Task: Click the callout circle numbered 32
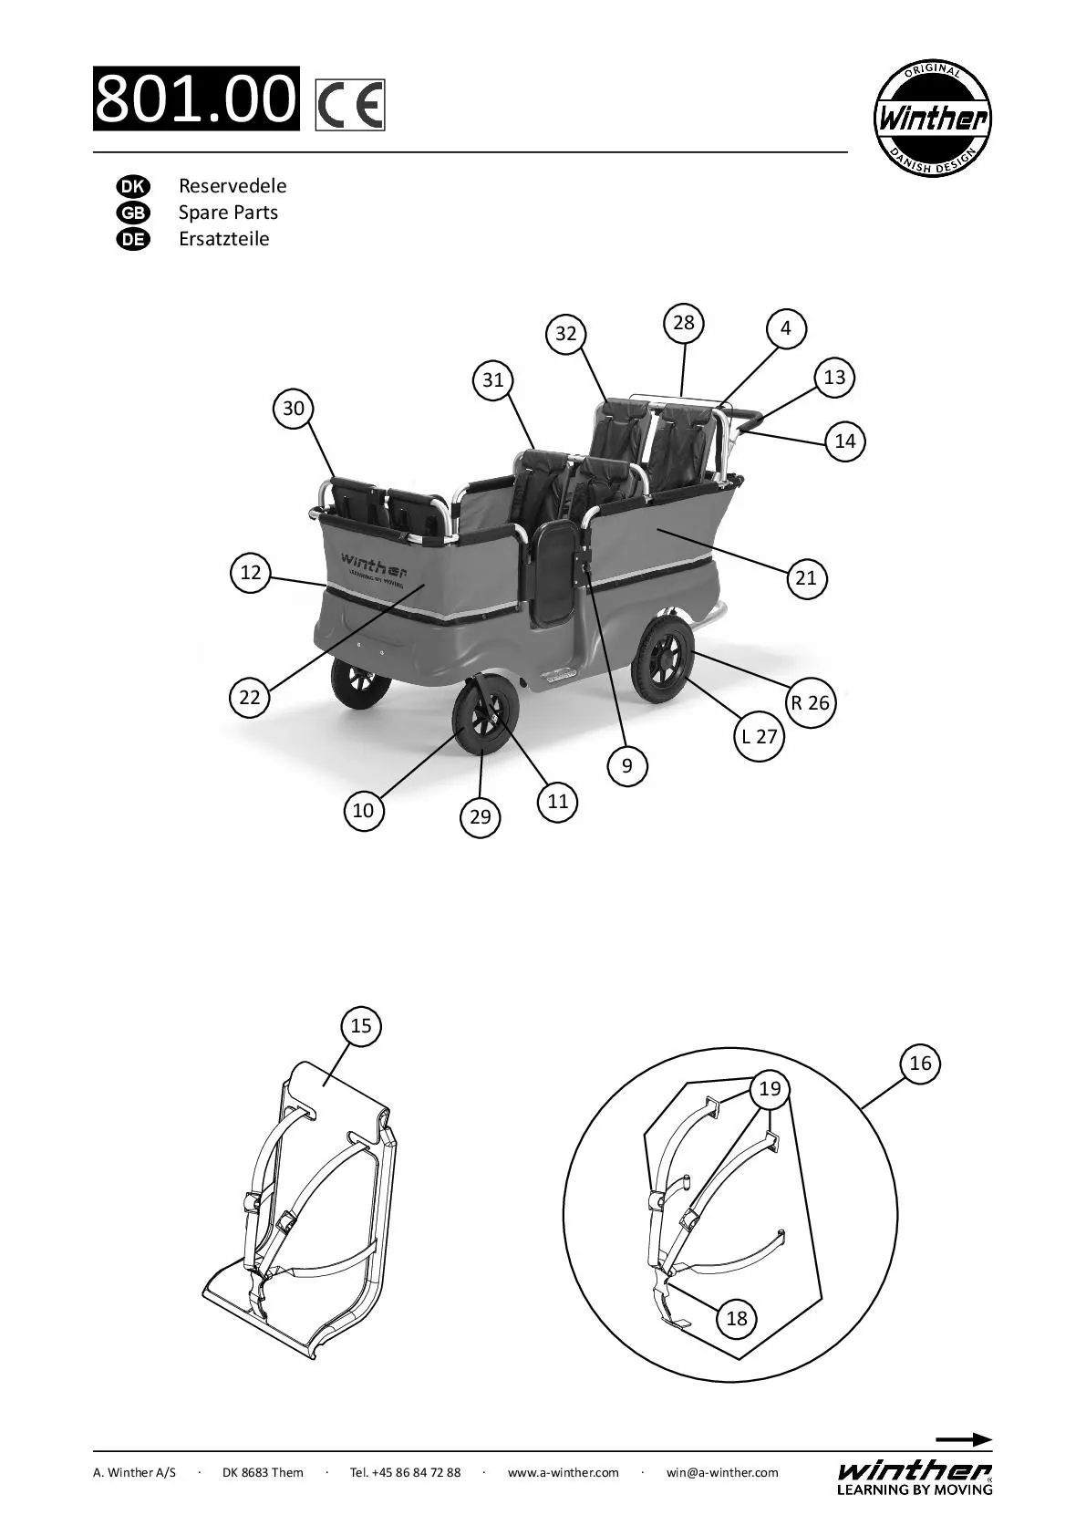click(x=566, y=334)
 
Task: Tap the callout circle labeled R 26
click(x=810, y=703)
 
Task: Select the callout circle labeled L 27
click(x=759, y=736)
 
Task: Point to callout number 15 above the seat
click(x=361, y=1026)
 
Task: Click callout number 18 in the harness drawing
click(x=737, y=1318)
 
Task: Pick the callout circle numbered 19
click(x=771, y=1088)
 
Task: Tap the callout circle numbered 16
click(x=920, y=1064)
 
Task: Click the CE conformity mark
click(x=350, y=105)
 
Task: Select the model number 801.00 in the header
click(x=196, y=99)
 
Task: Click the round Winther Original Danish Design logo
click(x=932, y=119)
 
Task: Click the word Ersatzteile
click(x=224, y=239)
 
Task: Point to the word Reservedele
click(x=233, y=186)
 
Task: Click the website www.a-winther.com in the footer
click(x=563, y=1472)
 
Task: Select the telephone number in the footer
click(x=405, y=1472)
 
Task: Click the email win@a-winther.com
click(x=722, y=1472)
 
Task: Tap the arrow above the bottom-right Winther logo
click(x=964, y=1440)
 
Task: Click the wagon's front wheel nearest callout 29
click(x=483, y=720)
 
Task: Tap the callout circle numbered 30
click(x=293, y=409)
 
